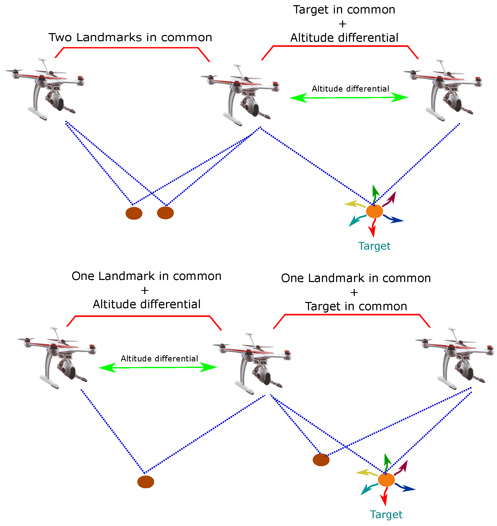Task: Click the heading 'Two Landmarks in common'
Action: [x=130, y=37]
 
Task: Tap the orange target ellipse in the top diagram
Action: [x=374, y=211]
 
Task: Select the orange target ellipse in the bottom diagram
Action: [x=386, y=480]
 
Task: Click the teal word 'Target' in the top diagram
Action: [x=374, y=246]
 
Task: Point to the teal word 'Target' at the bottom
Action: [x=386, y=515]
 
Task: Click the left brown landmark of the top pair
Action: [x=134, y=213]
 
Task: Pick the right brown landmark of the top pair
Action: [x=165, y=213]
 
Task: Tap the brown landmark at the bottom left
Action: [x=145, y=482]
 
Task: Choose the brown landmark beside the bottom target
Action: [x=321, y=460]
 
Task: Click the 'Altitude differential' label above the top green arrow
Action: [x=350, y=89]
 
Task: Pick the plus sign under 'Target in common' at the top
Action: [x=342, y=24]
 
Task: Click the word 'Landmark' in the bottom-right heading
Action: [x=336, y=278]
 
